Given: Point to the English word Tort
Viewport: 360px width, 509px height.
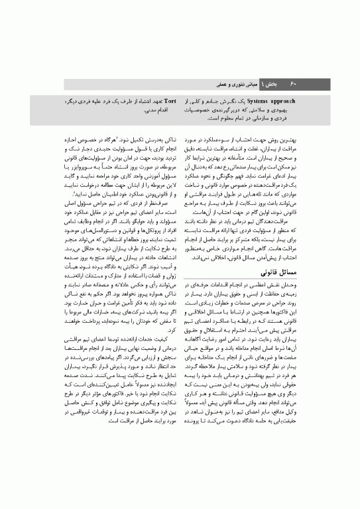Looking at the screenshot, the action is point(169,101).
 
